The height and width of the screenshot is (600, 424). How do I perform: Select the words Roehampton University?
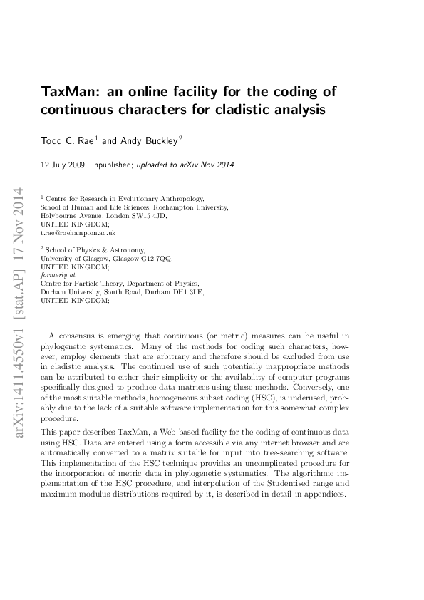[x=192, y=207]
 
